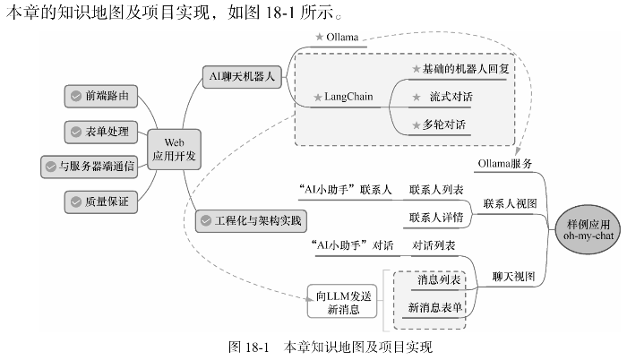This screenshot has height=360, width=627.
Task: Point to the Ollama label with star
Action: (337, 37)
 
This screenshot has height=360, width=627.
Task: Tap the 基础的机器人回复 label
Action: (460, 69)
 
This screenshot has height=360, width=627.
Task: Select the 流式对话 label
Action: (451, 96)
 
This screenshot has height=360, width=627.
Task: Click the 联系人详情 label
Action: (436, 217)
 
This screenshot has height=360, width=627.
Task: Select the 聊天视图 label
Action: (512, 277)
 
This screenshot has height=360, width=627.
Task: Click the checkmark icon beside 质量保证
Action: (75, 202)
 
